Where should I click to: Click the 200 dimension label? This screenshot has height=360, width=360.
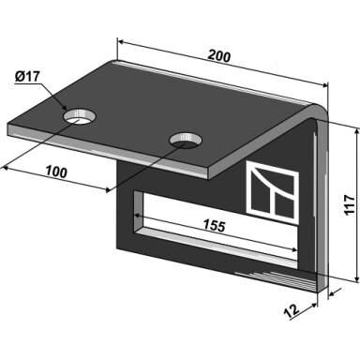[219, 56]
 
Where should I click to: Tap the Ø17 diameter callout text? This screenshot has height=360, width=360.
[27, 76]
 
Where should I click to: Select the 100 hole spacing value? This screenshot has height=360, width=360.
[56, 172]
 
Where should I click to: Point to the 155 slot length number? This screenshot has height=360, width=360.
[214, 226]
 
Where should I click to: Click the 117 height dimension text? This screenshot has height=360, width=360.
[350, 204]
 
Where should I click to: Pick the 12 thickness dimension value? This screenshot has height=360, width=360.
[292, 311]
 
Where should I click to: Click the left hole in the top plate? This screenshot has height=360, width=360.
[80, 116]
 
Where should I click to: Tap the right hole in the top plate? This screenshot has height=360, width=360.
[186, 141]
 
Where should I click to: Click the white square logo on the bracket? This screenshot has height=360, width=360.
[272, 191]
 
